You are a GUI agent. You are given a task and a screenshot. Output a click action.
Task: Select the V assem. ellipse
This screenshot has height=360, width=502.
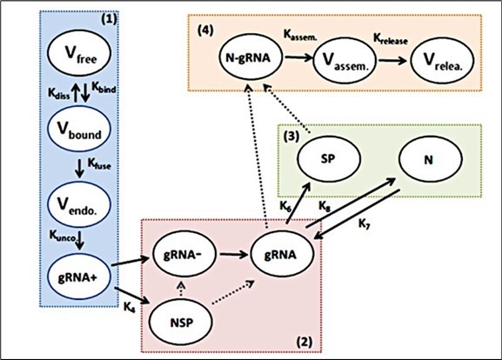[345, 61]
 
